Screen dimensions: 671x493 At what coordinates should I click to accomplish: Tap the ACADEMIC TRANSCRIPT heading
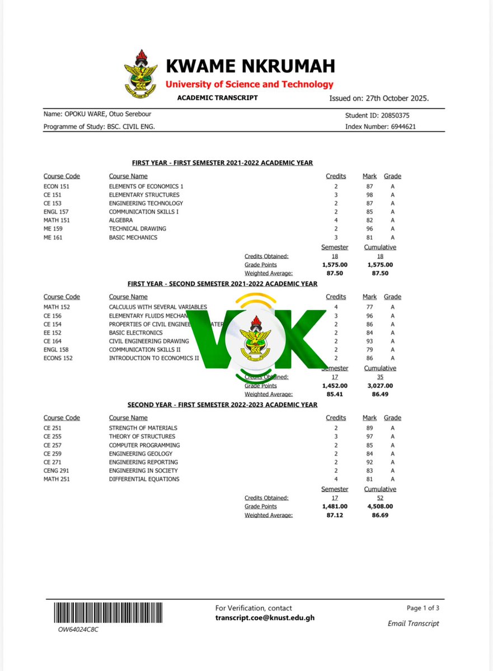tap(217, 98)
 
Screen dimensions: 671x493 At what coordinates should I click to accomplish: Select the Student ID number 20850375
tap(398, 116)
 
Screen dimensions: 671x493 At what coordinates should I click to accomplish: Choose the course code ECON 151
tap(57, 186)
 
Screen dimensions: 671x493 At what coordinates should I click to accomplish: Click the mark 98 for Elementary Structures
tap(368, 195)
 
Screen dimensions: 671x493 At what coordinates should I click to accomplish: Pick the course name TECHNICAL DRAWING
tap(137, 229)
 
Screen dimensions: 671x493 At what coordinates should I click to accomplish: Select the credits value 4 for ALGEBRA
tap(336, 220)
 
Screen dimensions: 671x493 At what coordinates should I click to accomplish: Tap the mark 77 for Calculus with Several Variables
tap(368, 307)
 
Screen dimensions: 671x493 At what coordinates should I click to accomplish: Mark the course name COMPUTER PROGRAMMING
tap(144, 445)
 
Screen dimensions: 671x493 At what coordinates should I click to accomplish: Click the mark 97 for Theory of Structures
tap(368, 437)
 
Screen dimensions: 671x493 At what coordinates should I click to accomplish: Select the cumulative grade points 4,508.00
tap(380, 506)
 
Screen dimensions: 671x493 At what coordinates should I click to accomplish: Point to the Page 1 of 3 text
tap(423, 608)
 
